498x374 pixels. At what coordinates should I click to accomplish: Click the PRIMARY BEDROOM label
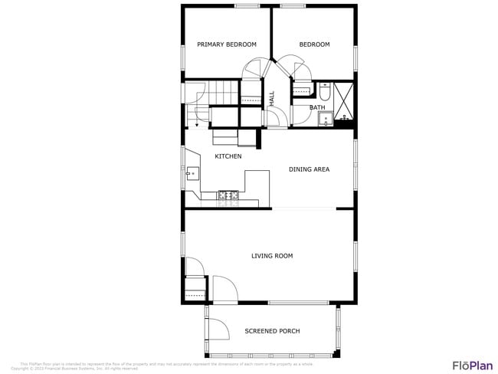coord(226,44)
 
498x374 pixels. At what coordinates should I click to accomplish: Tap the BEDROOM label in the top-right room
coord(314,44)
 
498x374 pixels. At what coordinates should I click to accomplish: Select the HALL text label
coord(271,98)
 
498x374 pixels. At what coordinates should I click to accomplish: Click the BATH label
coord(316,107)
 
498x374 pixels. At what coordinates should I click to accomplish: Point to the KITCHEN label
coord(228,156)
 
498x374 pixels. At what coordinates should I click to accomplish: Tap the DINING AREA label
coord(309,169)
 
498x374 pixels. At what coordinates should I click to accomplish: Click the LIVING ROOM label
coord(272,256)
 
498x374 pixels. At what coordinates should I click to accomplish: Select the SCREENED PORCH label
coord(272,331)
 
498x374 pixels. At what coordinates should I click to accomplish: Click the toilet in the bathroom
coord(324,92)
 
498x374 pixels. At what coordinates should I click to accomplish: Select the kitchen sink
coord(191,172)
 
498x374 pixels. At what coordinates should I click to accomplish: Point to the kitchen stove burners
coord(228,196)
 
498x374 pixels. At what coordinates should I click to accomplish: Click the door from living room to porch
coord(224,290)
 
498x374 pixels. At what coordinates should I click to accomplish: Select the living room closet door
coord(195,268)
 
